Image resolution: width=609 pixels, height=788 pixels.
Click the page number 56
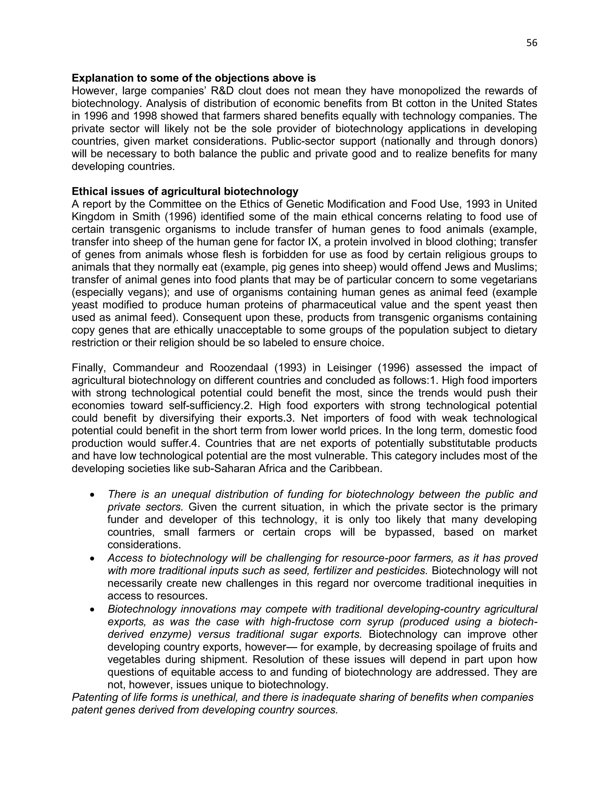point(531,43)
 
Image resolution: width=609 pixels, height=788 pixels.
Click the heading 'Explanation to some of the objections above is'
point(194,78)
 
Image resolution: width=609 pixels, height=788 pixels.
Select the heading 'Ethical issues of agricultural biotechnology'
point(185,191)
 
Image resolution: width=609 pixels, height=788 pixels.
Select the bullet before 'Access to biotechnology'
point(93,558)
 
